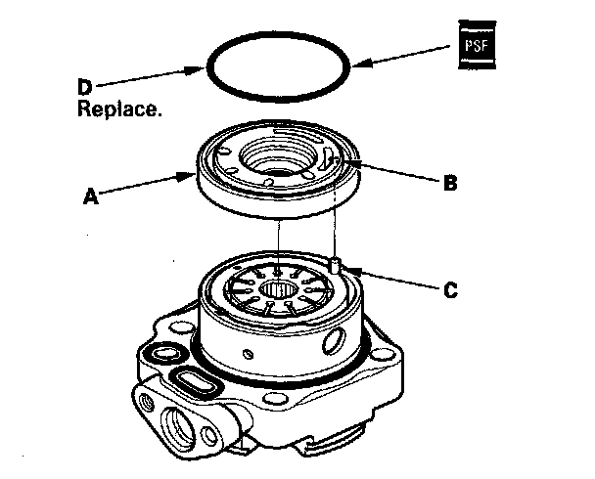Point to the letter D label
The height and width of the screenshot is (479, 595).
tap(85, 86)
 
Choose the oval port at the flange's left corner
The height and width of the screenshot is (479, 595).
tap(160, 351)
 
